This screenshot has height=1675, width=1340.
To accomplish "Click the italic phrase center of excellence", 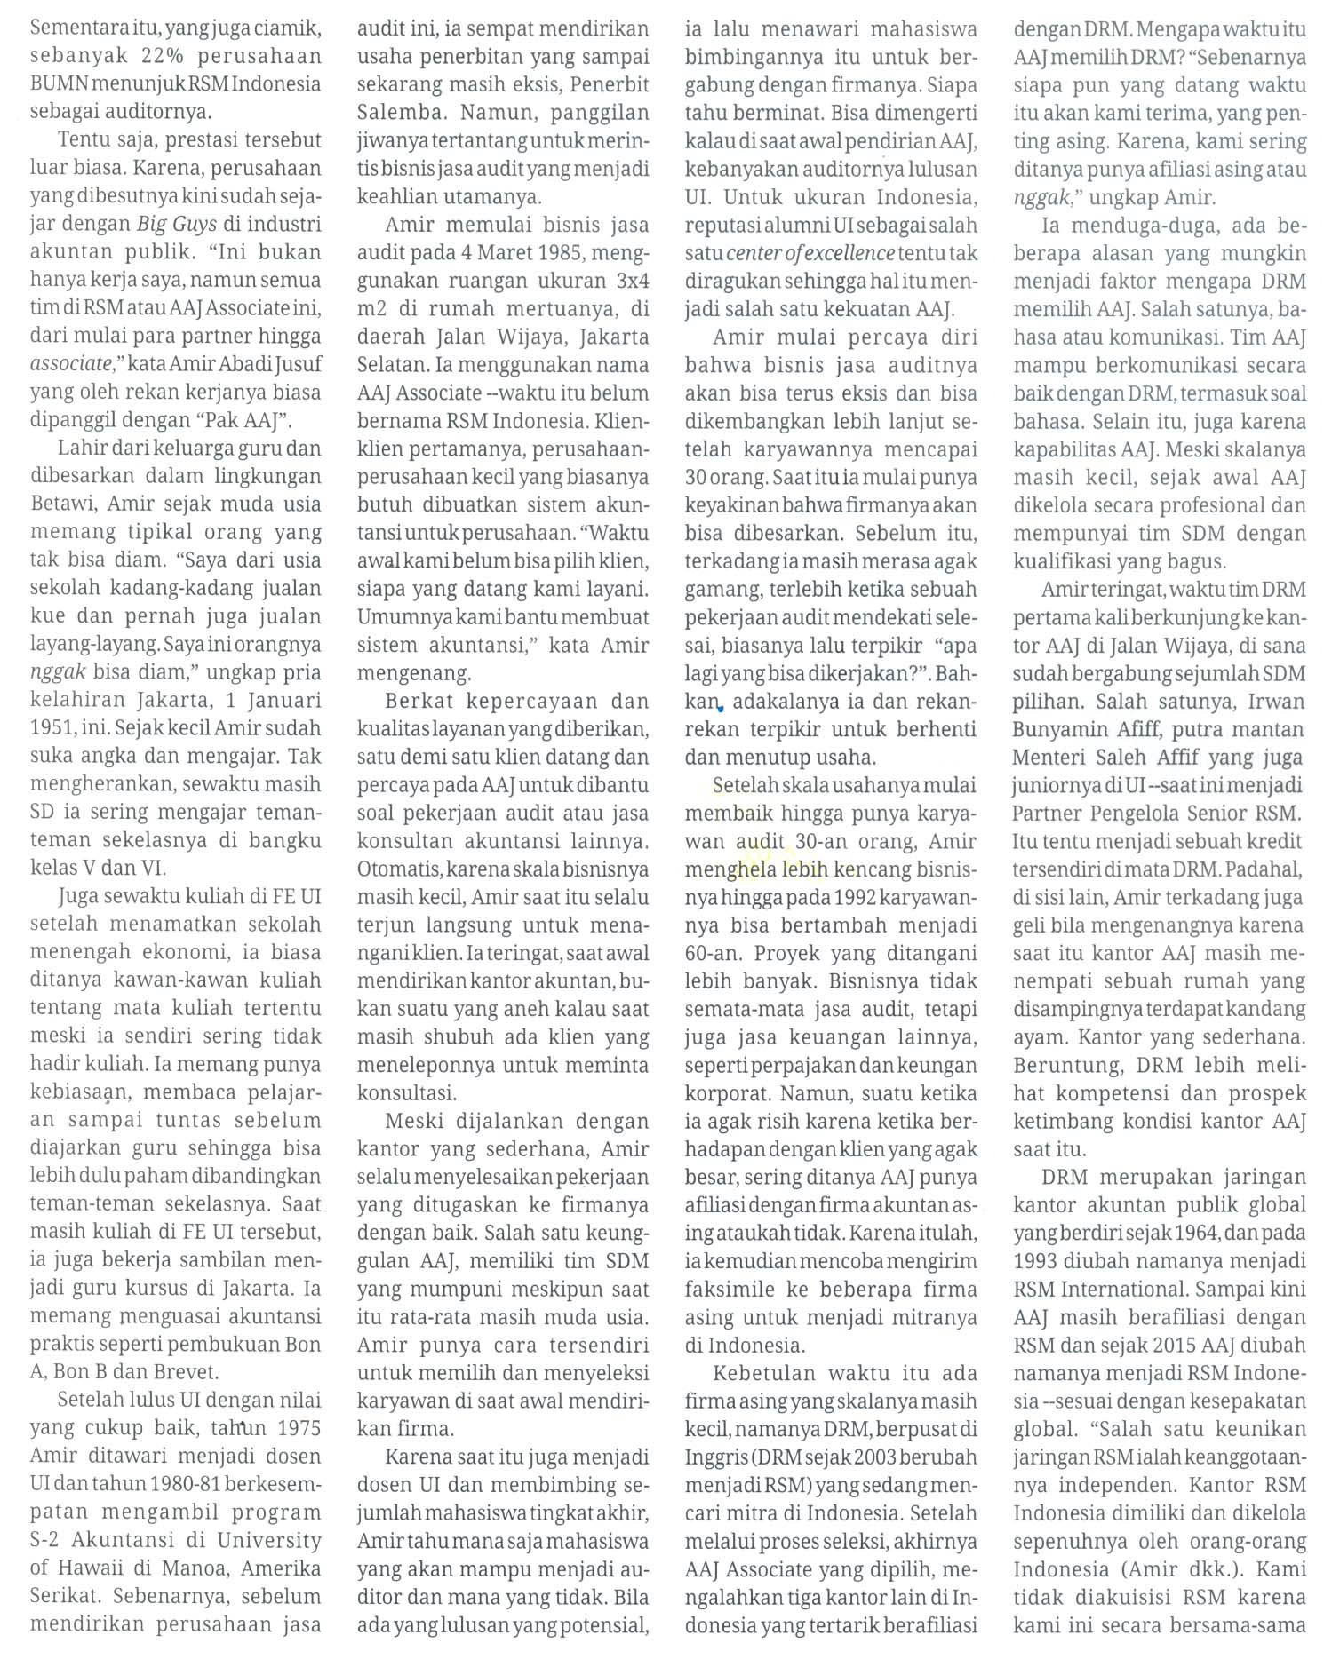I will (x=810, y=253).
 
